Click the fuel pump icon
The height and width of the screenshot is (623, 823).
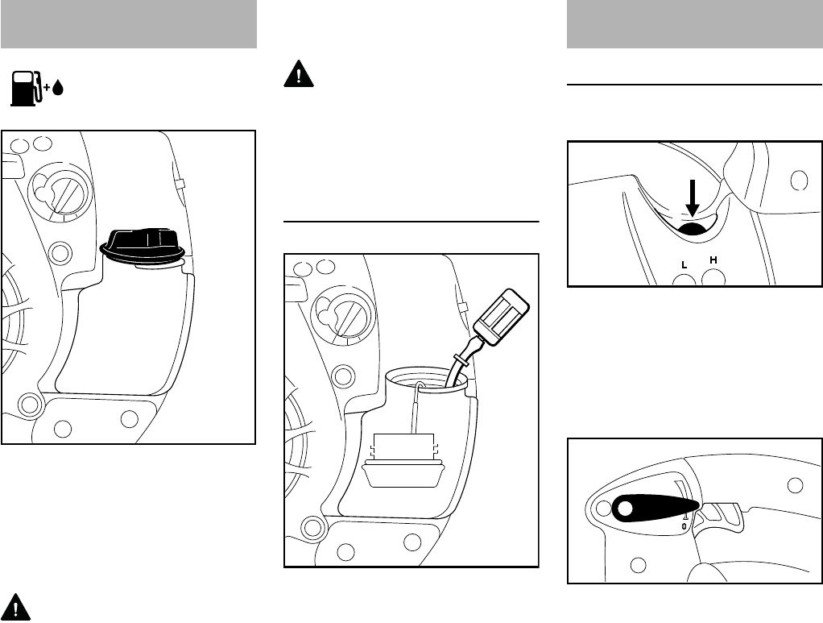(x=26, y=88)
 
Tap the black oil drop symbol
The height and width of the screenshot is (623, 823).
(x=58, y=88)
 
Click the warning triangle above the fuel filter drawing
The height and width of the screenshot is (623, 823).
(x=299, y=74)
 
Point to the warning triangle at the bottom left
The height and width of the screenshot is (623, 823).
(x=16, y=607)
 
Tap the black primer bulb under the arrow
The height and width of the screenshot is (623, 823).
(x=693, y=227)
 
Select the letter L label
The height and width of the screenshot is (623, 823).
(x=684, y=265)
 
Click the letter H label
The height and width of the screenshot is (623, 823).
(x=713, y=260)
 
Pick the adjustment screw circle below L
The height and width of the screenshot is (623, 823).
(x=684, y=280)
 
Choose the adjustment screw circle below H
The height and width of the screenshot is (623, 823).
(x=713, y=276)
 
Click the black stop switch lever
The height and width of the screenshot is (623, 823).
(x=651, y=509)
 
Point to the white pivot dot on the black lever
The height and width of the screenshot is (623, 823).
(x=625, y=509)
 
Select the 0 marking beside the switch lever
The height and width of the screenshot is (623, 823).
(x=684, y=525)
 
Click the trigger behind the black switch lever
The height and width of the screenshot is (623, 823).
(x=722, y=518)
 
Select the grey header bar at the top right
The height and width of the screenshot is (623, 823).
(x=694, y=24)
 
